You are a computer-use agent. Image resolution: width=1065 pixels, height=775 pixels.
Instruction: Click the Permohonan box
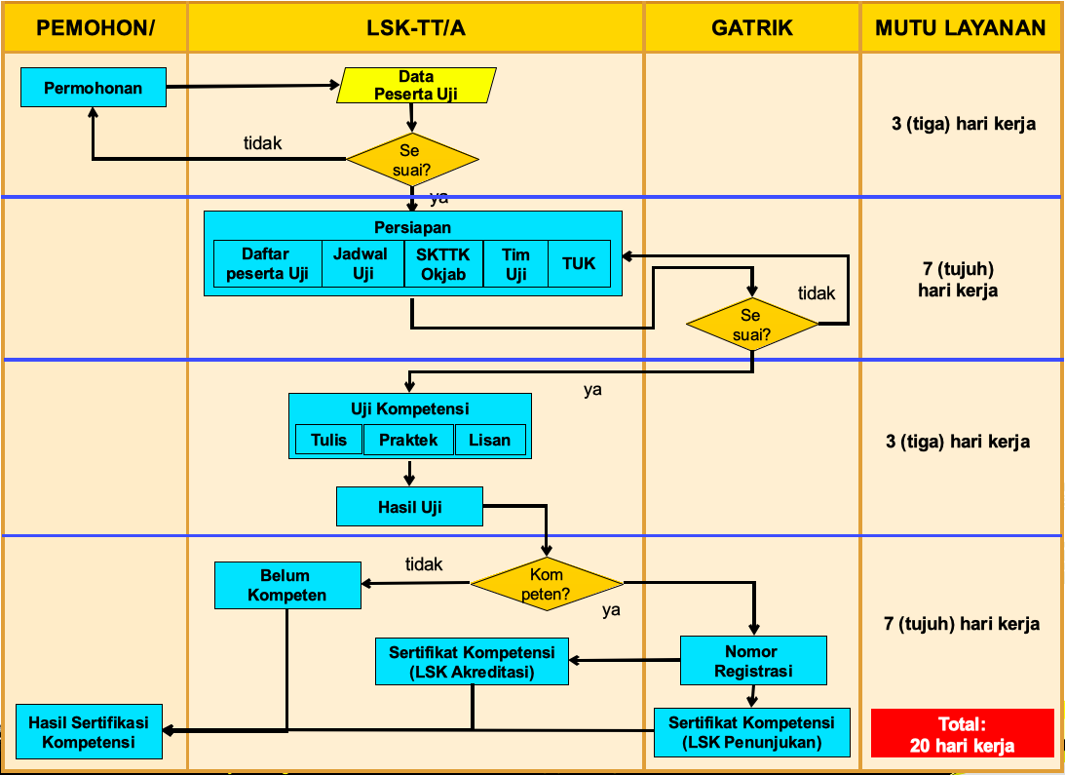(x=94, y=88)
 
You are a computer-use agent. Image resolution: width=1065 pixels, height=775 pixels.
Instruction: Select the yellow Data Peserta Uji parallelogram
(x=416, y=86)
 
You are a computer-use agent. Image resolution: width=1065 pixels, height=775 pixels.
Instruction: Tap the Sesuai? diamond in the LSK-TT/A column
(x=413, y=160)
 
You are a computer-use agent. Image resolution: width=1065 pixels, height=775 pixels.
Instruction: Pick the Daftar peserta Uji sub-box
(x=267, y=264)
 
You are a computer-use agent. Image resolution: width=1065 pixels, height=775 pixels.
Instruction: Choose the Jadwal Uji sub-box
(x=362, y=264)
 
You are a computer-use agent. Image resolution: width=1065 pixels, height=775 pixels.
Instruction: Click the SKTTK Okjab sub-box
(x=443, y=264)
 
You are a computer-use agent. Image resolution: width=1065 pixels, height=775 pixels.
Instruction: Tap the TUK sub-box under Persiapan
(x=579, y=264)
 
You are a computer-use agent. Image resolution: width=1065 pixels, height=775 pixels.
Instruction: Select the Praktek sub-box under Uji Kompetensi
(x=408, y=440)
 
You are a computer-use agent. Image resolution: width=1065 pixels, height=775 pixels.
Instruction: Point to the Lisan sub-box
(x=489, y=440)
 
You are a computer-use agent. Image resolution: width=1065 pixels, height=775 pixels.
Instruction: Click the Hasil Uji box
(x=409, y=507)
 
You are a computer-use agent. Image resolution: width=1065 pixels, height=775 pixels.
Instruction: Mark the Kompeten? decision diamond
(x=547, y=584)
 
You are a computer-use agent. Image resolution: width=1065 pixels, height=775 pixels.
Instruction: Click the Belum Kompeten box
(x=287, y=585)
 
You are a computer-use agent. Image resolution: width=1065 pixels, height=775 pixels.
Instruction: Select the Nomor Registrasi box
(x=752, y=661)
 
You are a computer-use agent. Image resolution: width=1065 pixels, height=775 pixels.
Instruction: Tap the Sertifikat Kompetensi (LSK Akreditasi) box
(x=472, y=662)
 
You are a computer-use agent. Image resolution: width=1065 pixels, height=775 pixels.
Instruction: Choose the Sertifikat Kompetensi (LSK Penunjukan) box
(x=751, y=732)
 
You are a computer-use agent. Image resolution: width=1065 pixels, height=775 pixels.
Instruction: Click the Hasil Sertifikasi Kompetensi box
(x=89, y=732)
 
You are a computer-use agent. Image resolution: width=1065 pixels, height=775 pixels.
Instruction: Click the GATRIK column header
(x=751, y=28)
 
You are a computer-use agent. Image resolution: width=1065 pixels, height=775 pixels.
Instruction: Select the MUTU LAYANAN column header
(x=960, y=28)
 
